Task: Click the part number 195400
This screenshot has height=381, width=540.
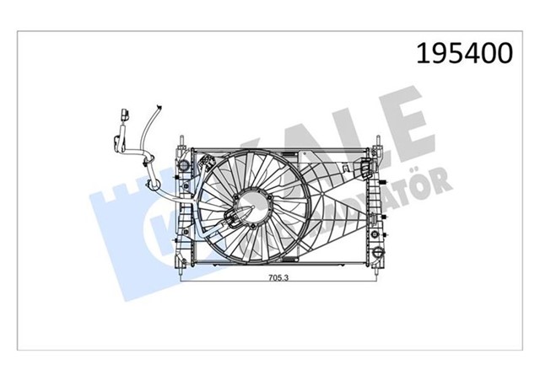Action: pos(462,52)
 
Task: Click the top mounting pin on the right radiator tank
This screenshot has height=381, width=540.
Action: pos(377,137)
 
